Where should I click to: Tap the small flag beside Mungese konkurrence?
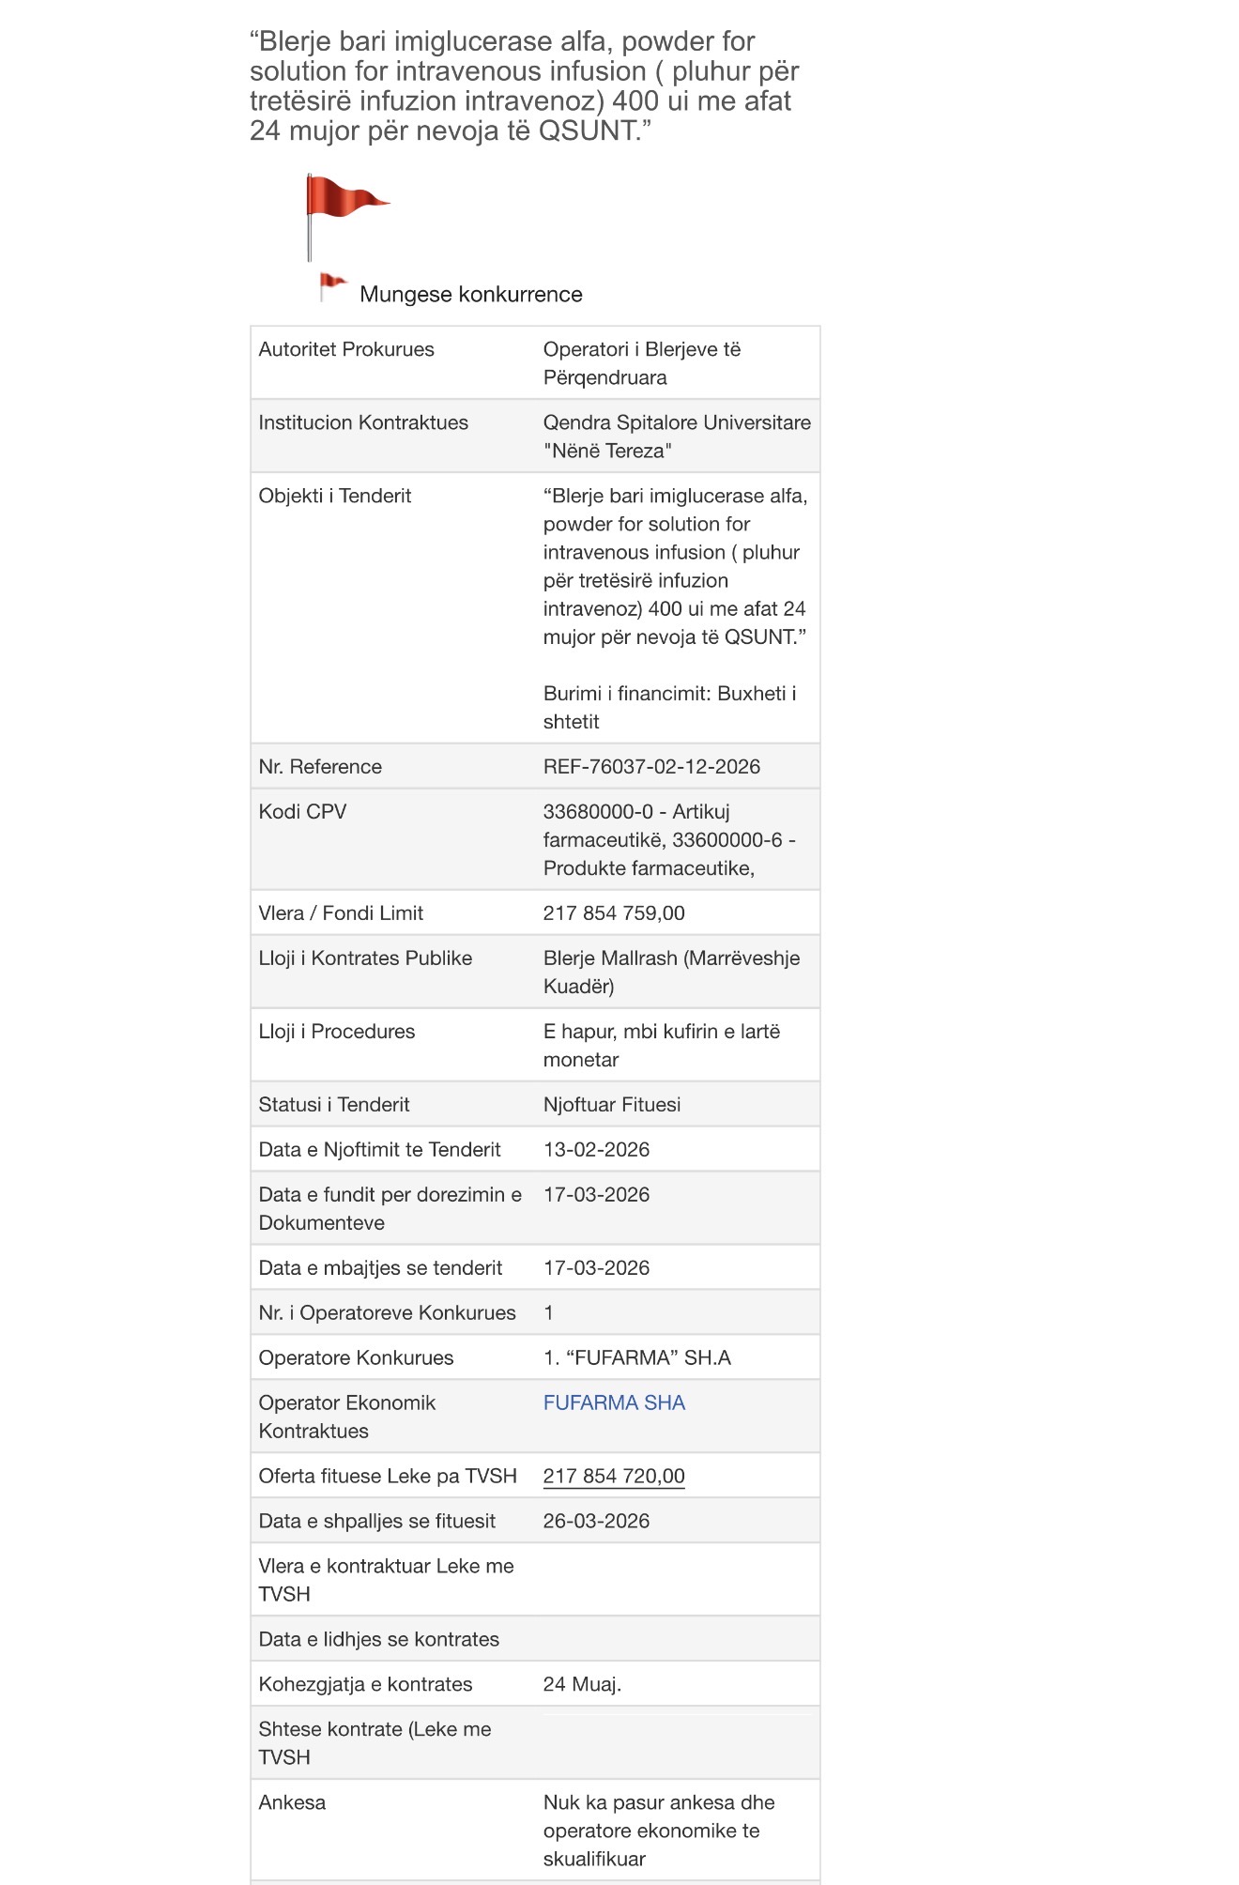click(331, 285)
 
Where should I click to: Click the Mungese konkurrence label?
click(470, 295)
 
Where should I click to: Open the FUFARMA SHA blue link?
click(614, 1402)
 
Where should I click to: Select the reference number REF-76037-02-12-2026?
click(651, 767)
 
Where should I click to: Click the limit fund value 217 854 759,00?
click(614, 913)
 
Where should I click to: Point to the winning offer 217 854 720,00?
click(614, 1476)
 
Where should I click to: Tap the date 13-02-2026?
click(596, 1150)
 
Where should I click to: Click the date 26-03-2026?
click(596, 1521)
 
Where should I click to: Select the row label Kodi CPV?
click(302, 812)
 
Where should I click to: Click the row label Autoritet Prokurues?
click(346, 349)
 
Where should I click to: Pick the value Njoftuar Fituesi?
click(612, 1105)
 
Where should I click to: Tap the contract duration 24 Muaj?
click(582, 1684)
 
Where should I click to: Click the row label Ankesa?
click(292, 1802)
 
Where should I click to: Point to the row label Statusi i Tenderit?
click(334, 1105)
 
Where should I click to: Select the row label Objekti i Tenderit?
click(335, 496)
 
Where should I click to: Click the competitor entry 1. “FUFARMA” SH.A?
click(636, 1357)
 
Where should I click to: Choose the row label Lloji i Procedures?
click(336, 1032)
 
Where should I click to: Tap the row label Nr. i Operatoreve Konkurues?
click(387, 1312)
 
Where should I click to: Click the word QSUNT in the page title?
click(589, 130)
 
